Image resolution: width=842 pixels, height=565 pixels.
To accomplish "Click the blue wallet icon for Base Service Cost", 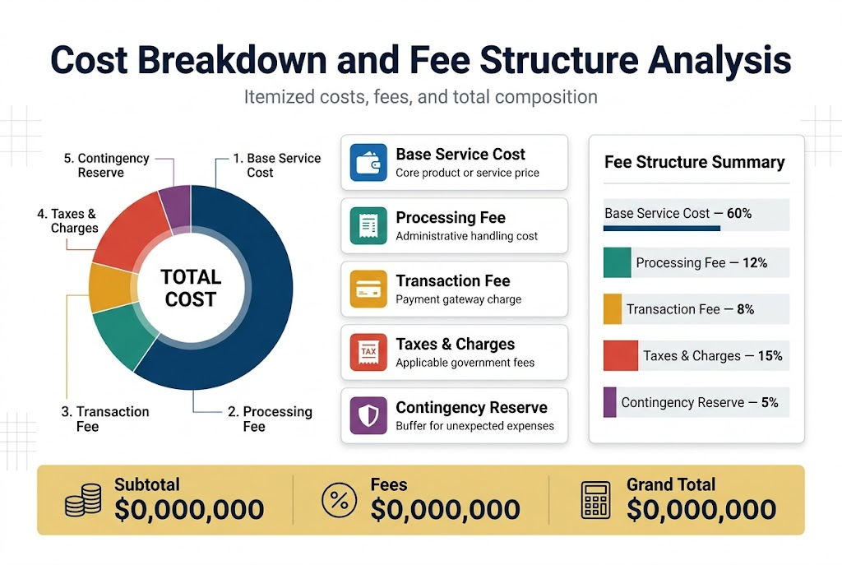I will click(x=368, y=162).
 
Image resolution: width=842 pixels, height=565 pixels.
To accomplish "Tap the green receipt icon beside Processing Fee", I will click(x=368, y=225).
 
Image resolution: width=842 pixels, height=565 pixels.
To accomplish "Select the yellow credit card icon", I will click(x=368, y=289).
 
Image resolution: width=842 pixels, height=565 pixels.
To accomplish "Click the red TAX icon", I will click(x=368, y=352).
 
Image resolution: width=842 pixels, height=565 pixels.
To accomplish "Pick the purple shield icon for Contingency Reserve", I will click(x=368, y=415).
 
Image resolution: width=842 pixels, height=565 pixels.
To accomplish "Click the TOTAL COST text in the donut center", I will click(x=191, y=288).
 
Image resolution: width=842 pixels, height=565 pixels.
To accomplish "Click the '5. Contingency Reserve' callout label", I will click(x=107, y=165).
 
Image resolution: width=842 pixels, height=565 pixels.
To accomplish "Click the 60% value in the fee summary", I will click(x=739, y=214).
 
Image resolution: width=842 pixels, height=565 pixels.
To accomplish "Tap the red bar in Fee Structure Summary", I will click(x=621, y=356).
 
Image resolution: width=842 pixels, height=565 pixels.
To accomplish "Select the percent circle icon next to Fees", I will click(x=338, y=500).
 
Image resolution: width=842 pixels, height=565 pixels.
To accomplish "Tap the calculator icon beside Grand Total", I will click(x=595, y=500).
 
